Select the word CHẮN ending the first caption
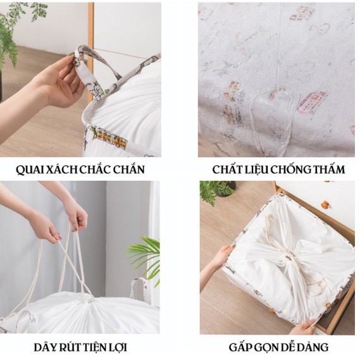click(127, 170)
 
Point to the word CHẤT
click(228, 170)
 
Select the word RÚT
click(70, 347)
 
